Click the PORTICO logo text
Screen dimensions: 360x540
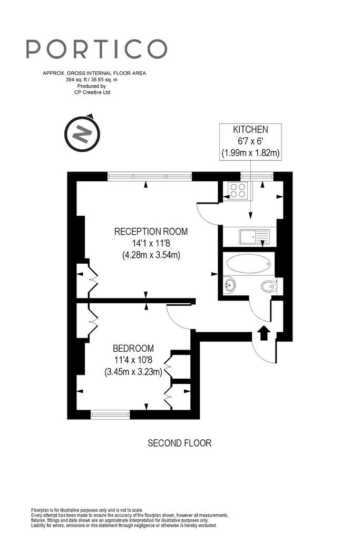tap(96, 49)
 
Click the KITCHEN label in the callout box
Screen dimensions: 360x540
tap(250, 130)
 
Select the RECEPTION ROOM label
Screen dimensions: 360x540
tap(151, 232)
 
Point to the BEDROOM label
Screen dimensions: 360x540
tap(133, 348)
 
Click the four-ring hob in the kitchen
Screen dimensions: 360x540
tap(238, 190)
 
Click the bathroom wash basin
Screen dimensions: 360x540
tap(230, 285)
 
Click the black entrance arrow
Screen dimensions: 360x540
tap(264, 333)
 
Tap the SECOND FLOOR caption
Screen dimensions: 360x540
tap(179, 443)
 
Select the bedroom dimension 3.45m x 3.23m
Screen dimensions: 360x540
tap(133, 372)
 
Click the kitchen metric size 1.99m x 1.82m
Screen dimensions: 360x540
tap(250, 152)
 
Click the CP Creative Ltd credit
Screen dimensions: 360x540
tap(92, 92)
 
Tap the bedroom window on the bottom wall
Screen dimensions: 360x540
tap(111, 414)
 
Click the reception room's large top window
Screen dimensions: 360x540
tap(150, 176)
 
